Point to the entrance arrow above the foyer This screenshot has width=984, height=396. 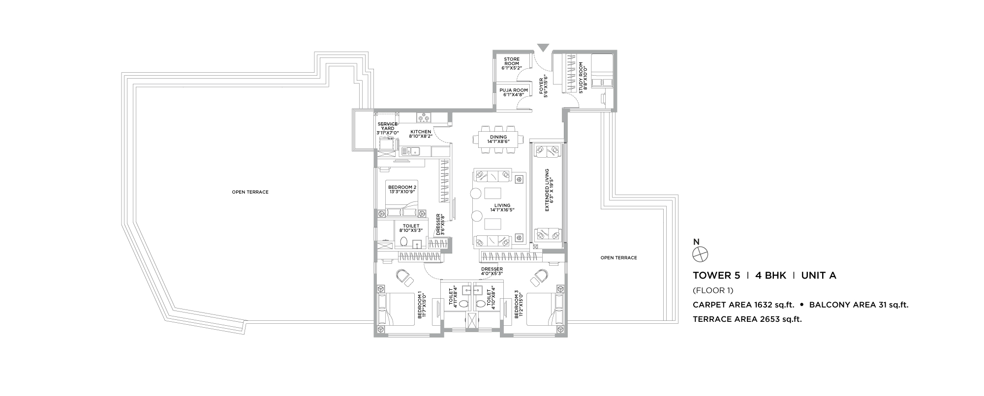543,48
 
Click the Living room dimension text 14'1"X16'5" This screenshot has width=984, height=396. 500,210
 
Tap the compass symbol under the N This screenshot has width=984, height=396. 700,254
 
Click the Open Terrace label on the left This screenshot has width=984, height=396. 250,192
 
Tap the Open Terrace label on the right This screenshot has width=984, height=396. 619,258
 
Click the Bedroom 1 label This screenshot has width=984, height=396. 422,305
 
